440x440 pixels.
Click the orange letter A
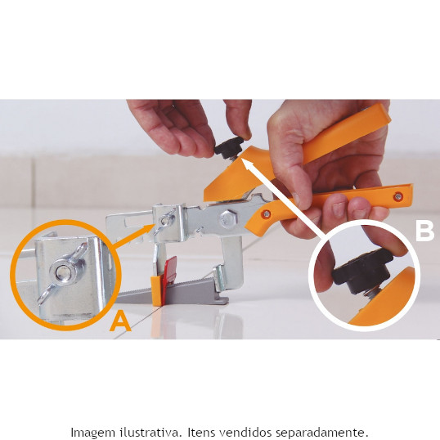(120, 322)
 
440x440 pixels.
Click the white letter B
(424, 231)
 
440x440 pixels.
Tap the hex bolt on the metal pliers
(229, 218)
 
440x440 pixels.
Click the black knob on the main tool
(229, 146)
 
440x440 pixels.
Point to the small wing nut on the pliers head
(164, 222)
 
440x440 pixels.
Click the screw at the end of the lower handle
(398, 196)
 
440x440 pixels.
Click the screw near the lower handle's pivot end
(266, 214)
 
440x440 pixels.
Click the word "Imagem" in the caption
(93, 432)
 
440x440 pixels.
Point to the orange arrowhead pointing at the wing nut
(150, 229)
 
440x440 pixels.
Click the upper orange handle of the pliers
(346, 134)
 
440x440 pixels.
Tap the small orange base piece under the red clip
(156, 290)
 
